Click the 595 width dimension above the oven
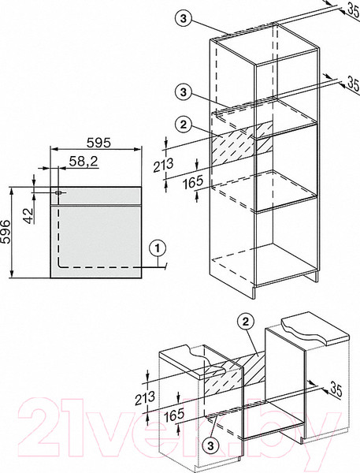[99, 143]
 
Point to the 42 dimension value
[28, 216]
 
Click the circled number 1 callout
[157, 249]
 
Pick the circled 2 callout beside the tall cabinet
[184, 125]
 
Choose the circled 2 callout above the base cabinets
[246, 322]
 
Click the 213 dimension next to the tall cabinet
[163, 166]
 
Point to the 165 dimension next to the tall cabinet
[193, 182]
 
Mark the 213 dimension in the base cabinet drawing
[145, 398]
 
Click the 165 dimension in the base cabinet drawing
[174, 415]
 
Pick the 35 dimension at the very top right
[354, 8]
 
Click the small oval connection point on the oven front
[58, 192]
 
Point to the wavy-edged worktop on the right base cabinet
[314, 330]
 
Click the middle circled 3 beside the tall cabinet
[184, 91]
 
